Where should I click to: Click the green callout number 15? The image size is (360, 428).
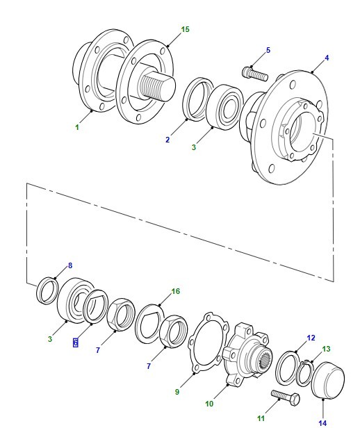coord(185,29)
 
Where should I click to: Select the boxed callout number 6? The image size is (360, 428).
coord(76,343)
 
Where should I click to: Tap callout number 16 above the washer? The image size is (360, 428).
coord(176,291)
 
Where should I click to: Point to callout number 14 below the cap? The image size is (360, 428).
coord(322,423)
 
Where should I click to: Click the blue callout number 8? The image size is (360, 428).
coord(70,265)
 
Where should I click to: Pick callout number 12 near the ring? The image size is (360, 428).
coord(311,338)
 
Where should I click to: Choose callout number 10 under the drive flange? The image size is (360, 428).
coord(209,404)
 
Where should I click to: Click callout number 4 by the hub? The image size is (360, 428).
coord(327,58)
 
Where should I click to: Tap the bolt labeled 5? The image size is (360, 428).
coord(255,74)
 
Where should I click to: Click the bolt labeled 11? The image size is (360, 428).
coord(286,397)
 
